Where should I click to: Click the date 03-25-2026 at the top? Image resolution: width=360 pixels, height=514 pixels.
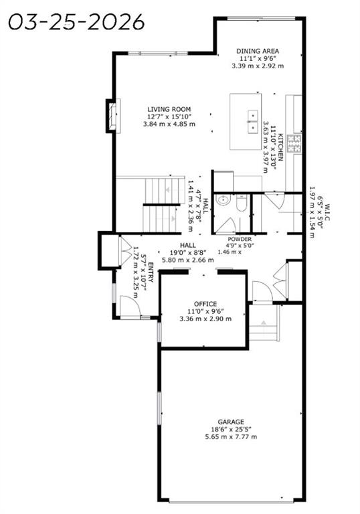coord(76,22)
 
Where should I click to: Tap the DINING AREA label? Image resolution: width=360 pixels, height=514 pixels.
coord(258,51)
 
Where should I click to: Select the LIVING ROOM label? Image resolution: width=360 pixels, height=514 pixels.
coord(169,109)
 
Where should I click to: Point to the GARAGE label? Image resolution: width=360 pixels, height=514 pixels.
coord(231,422)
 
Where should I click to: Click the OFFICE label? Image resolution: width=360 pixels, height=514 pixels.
coord(205,304)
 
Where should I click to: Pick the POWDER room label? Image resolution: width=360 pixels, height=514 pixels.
coord(240,240)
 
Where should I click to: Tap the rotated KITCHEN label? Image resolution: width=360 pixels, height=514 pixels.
coord(280,147)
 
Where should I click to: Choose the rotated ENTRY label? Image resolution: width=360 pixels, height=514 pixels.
coord(151,272)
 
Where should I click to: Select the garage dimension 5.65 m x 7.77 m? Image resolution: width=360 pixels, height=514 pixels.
coord(231,436)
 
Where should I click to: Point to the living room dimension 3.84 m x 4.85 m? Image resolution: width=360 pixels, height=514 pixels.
coord(169,124)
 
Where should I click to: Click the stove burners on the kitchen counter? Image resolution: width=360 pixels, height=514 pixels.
coord(294,144)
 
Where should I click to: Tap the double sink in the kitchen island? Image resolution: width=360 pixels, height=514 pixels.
coord(253,121)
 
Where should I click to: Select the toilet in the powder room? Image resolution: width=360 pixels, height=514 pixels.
coord(241,202)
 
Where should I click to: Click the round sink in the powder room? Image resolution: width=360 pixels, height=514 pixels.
coord(223,199)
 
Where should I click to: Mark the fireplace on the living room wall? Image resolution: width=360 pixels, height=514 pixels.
coord(112,116)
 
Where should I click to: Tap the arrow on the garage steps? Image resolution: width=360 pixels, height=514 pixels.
coord(263,323)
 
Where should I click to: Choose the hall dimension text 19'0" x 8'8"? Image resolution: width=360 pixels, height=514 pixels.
coord(188,253)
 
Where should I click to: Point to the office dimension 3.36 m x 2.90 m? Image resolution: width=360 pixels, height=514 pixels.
coord(205,319)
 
